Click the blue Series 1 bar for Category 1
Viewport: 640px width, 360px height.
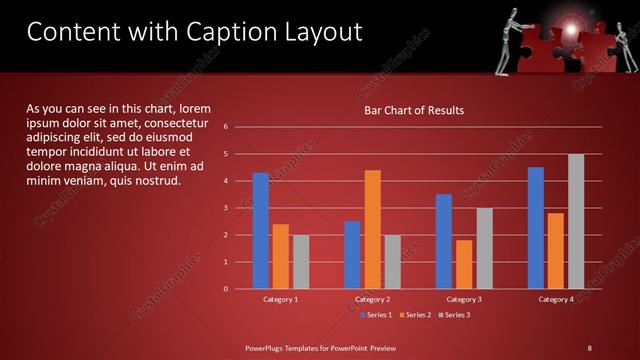pos(261,230)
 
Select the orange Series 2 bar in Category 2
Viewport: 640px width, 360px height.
pos(372,229)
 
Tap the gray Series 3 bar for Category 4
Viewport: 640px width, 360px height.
pos(576,221)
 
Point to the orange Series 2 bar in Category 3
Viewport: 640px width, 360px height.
pos(464,264)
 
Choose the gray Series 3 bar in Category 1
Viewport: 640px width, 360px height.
pos(301,262)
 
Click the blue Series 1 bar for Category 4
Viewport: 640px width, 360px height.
pos(536,227)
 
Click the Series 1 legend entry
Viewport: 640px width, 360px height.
pos(375,315)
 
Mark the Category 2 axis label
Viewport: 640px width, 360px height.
pos(372,299)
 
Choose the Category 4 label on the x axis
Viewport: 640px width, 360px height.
pos(556,299)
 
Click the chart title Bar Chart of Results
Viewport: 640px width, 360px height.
pos(413,110)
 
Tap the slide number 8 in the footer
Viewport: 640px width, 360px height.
pos(590,347)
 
